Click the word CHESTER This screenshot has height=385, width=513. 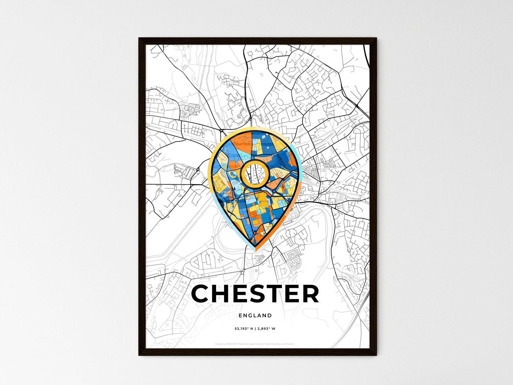click(255, 294)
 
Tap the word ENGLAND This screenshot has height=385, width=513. click(255, 315)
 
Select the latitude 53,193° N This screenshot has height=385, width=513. click(243, 329)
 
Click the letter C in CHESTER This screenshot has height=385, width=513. click(201, 294)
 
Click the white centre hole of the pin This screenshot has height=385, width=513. click(255, 173)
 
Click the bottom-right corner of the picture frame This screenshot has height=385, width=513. click(376, 355)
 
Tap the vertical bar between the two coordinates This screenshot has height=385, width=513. click(255, 329)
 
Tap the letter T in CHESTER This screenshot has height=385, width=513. click(275, 294)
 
